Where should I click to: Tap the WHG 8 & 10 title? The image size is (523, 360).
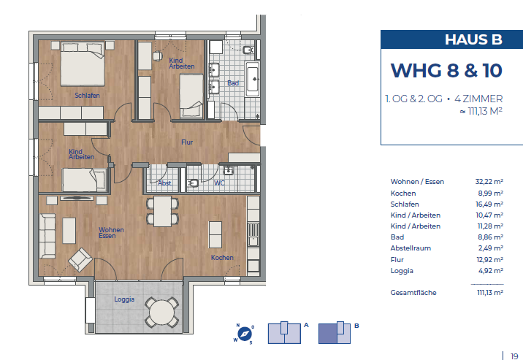446,70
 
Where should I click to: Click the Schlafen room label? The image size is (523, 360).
87,96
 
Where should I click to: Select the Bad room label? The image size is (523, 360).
232,83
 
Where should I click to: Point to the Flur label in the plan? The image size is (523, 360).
188,142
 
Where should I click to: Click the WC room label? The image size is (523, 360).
218,183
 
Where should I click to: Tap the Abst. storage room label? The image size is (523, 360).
165,183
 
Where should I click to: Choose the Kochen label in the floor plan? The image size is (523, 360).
222,258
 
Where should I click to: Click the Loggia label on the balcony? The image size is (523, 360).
124,299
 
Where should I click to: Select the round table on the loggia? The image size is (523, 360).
162,312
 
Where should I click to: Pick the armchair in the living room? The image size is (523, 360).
80,258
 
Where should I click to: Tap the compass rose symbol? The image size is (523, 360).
244,333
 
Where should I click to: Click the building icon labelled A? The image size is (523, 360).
283,333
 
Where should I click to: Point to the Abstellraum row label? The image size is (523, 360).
412,248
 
